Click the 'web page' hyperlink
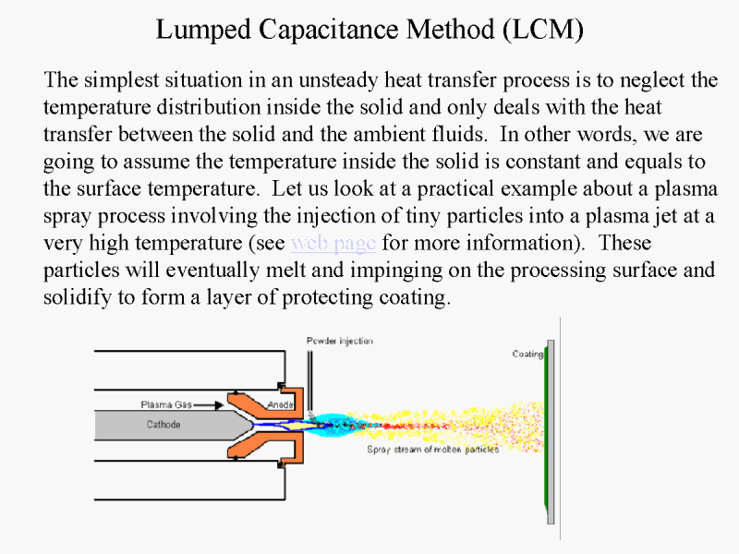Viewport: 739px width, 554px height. tap(333, 244)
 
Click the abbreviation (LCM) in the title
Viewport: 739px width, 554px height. tap(543, 30)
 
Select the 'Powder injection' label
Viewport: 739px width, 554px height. tap(339, 341)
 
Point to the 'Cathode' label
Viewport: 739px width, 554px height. tap(164, 425)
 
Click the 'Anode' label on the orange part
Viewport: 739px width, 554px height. tap(281, 404)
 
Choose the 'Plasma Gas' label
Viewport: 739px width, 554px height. tap(166, 404)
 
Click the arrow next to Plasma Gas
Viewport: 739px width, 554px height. tap(208, 405)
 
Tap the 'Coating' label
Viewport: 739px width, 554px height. tap(527, 354)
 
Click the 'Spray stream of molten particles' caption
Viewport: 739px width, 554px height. tap(432, 450)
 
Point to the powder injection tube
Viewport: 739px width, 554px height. tap(309, 380)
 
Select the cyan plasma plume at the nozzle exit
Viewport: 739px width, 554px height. tap(333, 425)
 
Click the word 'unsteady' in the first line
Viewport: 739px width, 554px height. tap(338, 80)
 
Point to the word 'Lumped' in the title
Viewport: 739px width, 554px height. tap(203, 30)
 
